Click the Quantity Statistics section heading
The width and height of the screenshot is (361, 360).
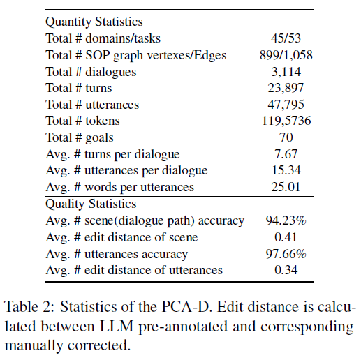click(x=94, y=22)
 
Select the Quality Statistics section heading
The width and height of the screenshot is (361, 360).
click(x=91, y=204)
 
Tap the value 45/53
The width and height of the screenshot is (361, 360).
click(x=286, y=38)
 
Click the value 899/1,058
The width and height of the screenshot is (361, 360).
click(x=286, y=55)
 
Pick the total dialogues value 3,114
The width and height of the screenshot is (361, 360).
click(x=286, y=72)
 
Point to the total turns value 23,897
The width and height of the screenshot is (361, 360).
click(x=286, y=88)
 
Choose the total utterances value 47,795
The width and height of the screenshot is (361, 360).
click(x=286, y=105)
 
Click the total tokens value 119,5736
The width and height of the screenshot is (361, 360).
click(x=286, y=121)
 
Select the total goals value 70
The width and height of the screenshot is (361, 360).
click(x=286, y=137)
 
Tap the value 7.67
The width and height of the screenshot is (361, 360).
click(x=286, y=154)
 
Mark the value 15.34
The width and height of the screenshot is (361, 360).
click(x=286, y=170)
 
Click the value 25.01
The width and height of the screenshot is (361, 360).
click(x=286, y=187)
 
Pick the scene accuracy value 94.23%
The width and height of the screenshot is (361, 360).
click(x=286, y=220)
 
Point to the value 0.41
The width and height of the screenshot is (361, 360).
click(x=286, y=237)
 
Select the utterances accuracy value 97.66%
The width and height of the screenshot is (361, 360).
click(x=286, y=254)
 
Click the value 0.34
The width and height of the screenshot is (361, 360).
click(x=286, y=270)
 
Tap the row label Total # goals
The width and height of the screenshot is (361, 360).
click(x=80, y=137)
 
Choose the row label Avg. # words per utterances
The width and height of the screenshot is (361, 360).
click(x=120, y=188)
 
